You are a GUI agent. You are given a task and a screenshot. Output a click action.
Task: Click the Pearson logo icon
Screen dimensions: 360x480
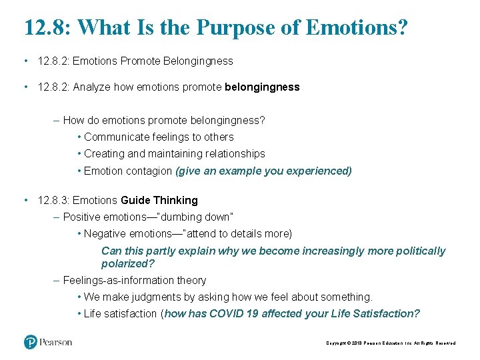pyautogui.click(x=31, y=342)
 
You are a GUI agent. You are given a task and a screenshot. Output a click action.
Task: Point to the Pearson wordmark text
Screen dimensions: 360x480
pyautogui.click(x=57, y=343)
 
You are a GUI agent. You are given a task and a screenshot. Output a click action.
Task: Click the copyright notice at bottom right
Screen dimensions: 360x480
pyautogui.click(x=391, y=343)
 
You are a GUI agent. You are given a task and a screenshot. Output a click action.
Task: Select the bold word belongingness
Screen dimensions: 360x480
pyautogui.click(x=263, y=87)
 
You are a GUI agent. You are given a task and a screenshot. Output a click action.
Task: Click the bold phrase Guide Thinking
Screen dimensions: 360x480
pyautogui.click(x=159, y=200)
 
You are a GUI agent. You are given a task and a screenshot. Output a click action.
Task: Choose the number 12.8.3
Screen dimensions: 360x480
pyautogui.click(x=53, y=200)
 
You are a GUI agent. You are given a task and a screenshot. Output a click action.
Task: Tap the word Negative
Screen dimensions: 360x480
pyautogui.click(x=104, y=233)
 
